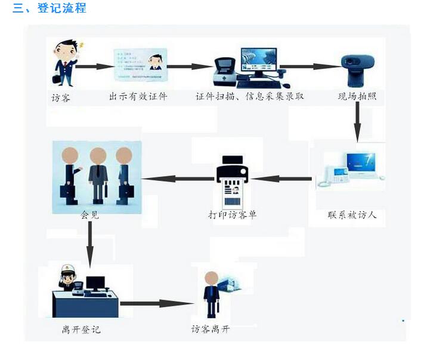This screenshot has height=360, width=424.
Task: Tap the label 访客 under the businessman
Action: (61, 97)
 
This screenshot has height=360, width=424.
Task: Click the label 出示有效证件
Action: (138, 96)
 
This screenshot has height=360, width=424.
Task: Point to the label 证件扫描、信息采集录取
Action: (250, 96)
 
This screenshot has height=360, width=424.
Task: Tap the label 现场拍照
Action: (357, 96)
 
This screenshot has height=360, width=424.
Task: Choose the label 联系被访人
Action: (352, 215)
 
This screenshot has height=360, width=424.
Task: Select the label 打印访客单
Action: (232, 215)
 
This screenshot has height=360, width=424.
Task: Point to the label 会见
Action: (89, 215)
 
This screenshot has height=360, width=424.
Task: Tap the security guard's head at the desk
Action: (68, 276)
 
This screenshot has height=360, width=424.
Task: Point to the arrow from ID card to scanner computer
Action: (190, 66)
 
